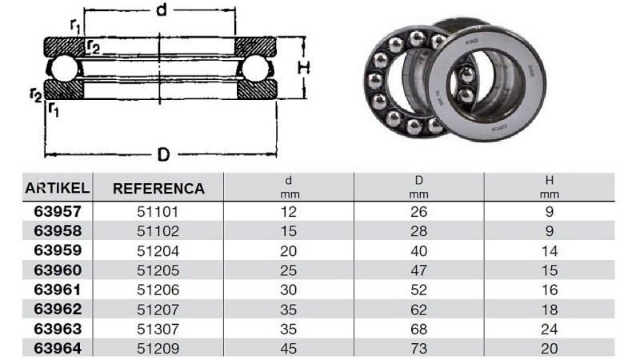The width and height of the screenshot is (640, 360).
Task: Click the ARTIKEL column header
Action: click(x=57, y=188)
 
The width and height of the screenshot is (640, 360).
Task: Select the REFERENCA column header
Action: click(x=158, y=189)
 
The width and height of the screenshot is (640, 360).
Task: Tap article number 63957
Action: click(x=58, y=211)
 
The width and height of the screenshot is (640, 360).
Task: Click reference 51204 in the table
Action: click(x=158, y=250)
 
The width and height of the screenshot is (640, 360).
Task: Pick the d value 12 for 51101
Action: click(x=288, y=211)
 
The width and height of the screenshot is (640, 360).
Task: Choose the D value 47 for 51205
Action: click(x=418, y=270)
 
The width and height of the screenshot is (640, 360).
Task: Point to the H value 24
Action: click(x=549, y=329)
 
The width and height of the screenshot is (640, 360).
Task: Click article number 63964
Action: click(x=58, y=348)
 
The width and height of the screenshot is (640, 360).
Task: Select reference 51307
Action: click(x=158, y=329)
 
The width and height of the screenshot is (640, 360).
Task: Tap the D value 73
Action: click(x=418, y=348)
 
